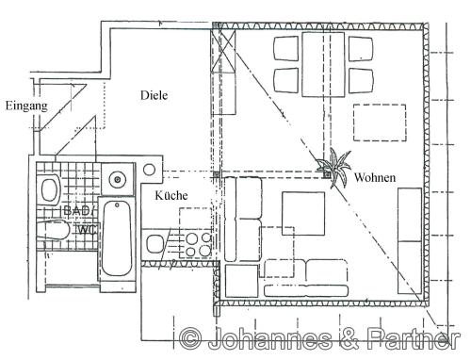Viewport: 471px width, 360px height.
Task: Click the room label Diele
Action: pyautogui.click(x=154, y=95)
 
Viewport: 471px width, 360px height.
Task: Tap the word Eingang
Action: pyautogui.click(x=26, y=106)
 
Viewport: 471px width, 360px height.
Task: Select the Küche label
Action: pyautogui.click(x=171, y=195)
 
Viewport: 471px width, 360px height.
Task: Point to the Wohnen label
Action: pyautogui.click(x=375, y=177)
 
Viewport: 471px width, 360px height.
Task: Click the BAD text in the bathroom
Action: pyautogui.click(x=76, y=210)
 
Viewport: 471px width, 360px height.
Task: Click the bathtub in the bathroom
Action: pyautogui.click(x=117, y=238)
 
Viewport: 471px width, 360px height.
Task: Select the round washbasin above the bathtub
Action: pyautogui.click(x=117, y=179)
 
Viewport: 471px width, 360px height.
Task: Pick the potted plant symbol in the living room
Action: pyautogui.click(x=333, y=168)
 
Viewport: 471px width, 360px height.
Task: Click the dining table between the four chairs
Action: pyautogui.click(x=323, y=64)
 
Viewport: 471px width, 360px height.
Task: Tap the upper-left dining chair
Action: pyautogui.click(x=286, y=48)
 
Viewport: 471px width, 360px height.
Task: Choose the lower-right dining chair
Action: pyautogui.click(x=361, y=80)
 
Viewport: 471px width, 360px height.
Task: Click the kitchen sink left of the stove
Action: pyautogui.click(x=154, y=244)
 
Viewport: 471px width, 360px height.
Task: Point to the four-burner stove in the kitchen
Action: pyautogui.click(x=195, y=245)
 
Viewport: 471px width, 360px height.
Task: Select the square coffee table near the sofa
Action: pyautogui.click(x=303, y=214)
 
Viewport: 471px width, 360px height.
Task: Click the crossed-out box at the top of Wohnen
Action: pyautogui.click(x=224, y=51)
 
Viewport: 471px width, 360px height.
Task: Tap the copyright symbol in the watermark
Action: pyautogui.click(x=191, y=338)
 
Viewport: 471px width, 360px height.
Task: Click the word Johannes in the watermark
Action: pyautogui.click(x=269, y=338)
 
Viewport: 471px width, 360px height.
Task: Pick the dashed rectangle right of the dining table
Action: pyautogui.click(x=380, y=123)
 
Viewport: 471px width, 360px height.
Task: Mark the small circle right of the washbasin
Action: pyautogui.click(x=149, y=170)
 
